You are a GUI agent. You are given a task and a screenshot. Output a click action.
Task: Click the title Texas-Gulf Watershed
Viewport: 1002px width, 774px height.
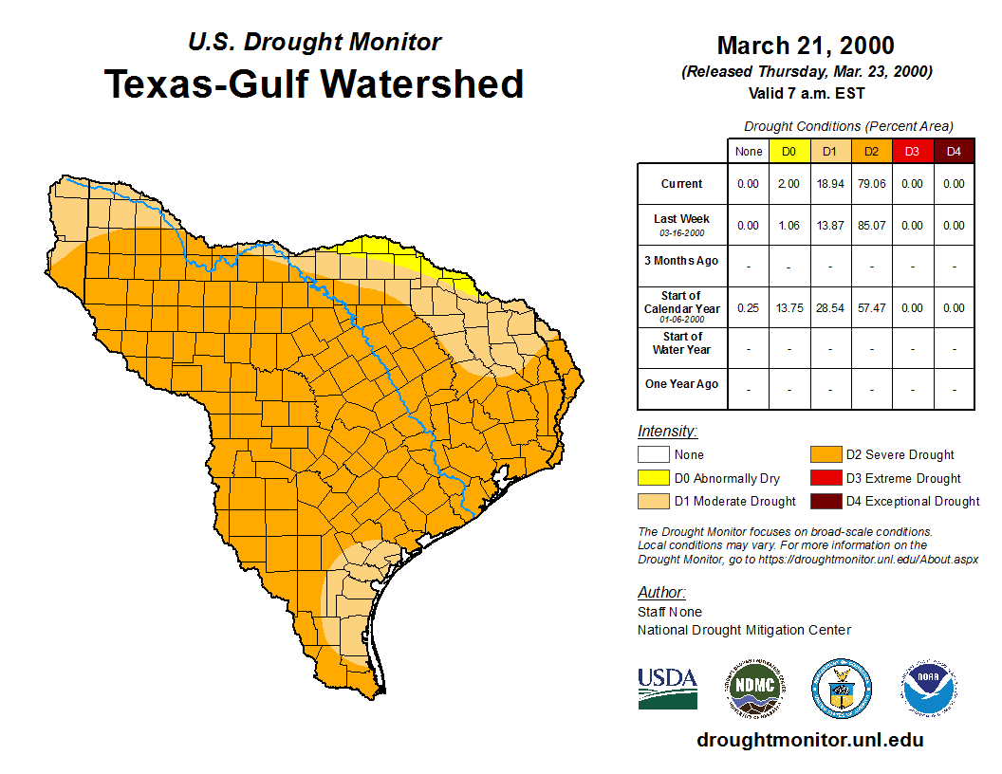313,83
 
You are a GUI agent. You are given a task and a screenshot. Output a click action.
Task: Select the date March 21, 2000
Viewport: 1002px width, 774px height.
806,46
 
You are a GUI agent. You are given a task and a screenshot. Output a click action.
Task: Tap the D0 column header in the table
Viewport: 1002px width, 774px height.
789,151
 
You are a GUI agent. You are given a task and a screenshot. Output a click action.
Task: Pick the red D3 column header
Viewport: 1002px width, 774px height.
912,151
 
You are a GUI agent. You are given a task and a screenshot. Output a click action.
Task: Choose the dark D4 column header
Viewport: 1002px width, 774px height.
954,151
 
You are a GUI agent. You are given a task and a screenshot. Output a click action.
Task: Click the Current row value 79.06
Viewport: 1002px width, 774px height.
871,184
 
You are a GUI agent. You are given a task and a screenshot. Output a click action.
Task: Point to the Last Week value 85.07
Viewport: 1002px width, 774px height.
871,226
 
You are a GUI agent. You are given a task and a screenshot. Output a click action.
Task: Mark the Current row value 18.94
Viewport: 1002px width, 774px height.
830,184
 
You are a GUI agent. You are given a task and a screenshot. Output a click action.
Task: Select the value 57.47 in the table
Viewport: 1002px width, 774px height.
871,307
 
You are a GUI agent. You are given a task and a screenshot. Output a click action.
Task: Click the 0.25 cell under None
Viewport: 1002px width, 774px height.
748,307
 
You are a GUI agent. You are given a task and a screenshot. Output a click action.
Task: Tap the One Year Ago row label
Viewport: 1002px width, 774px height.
681,384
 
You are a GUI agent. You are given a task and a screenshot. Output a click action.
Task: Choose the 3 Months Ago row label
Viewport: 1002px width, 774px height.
681,261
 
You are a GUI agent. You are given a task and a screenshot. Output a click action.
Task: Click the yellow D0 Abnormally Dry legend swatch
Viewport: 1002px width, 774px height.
652,478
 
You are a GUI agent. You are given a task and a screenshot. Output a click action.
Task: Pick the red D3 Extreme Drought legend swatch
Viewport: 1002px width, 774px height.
825,478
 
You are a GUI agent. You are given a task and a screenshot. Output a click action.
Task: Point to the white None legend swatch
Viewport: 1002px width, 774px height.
652,455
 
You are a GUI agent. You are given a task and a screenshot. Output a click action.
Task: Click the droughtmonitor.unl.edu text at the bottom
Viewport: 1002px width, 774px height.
809,740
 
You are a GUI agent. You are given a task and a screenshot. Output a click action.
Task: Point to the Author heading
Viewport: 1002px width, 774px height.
660,593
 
